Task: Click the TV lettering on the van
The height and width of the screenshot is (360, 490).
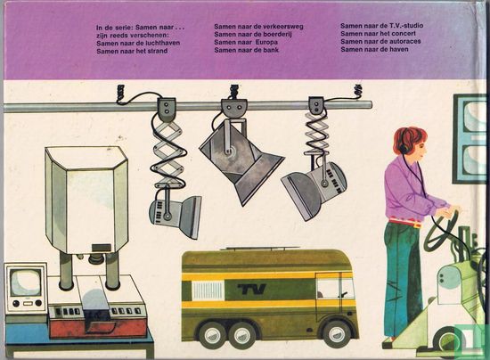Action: pyautogui.click(x=251, y=289)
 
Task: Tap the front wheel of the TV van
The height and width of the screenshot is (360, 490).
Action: pyautogui.click(x=337, y=334)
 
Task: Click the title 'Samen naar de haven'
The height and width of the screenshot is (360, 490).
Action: pyautogui.click(x=374, y=49)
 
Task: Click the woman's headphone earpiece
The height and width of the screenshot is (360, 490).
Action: pyautogui.click(x=404, y=149)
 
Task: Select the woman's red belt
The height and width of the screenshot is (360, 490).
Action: pyautogui.click(x=404, y=222)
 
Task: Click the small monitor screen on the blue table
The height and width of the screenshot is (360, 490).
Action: pyautogui.click(x=25, y=282)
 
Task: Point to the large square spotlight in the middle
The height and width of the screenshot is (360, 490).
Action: pyautogui.click(x=241, y=162)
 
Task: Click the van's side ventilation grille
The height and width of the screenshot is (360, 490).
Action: pyautogui.click(x=208, y=290)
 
